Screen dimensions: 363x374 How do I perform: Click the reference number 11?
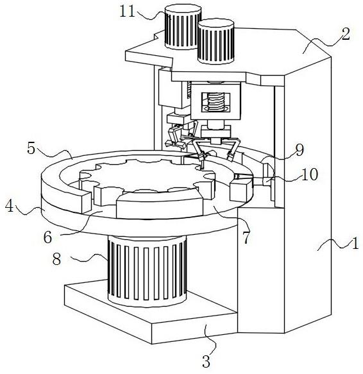127,12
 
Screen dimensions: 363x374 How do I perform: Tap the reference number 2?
346,34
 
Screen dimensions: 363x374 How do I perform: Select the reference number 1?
355,243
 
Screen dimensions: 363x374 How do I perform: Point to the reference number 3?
206,361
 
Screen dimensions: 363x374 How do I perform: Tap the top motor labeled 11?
182,27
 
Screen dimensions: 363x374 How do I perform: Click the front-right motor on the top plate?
216,41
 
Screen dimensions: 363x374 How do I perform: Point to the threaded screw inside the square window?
216,102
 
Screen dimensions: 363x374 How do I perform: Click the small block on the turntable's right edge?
241,190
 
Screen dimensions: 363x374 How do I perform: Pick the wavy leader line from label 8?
90,258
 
